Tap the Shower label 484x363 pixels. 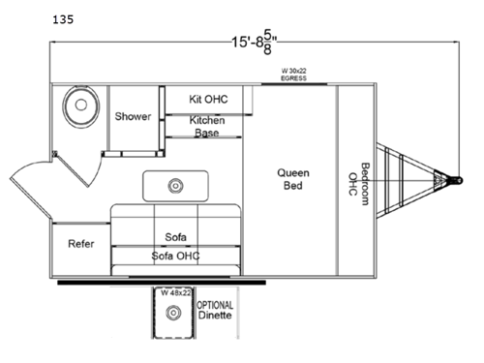[x=133, y=116]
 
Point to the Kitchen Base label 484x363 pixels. [x=206, y=126]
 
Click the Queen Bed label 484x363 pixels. [x=293, y=179]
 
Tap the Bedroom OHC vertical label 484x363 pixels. [x=358, y=179]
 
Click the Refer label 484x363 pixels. [x=80, y=244]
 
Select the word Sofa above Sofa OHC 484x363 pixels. [x=175, y=236]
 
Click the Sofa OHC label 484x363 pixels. [x=175, y=257]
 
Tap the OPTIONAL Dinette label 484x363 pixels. [x=215, y=309]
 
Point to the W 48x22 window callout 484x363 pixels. [x=175, y=291]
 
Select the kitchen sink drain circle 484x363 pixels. [x=175, y=183]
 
